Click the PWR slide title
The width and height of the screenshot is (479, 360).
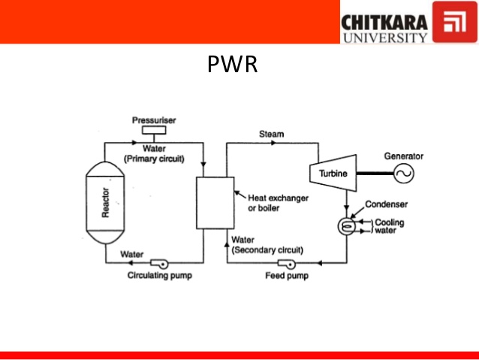[232, 65]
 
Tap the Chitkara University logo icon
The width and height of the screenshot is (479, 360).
[452, 24]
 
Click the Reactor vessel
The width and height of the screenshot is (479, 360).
[106, 203]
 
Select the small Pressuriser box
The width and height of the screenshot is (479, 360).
[155, 133]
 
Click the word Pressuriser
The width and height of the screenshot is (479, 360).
[155, 120]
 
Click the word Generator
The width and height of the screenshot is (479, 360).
[404, 156]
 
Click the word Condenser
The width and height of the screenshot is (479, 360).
[385, 204]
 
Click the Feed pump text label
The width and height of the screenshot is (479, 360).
[285, 276]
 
